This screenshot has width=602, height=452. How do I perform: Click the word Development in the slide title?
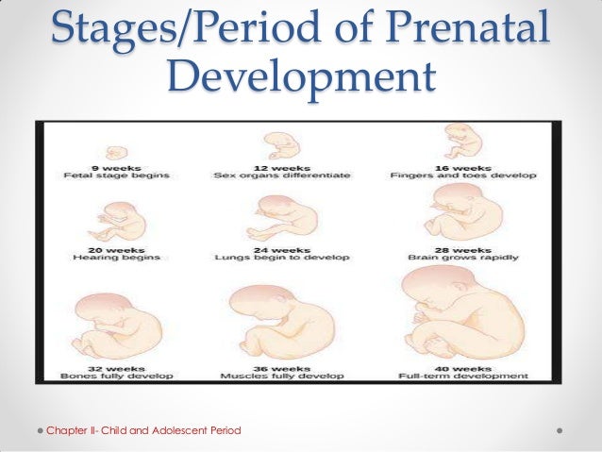301,79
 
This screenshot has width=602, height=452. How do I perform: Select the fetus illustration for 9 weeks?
117,152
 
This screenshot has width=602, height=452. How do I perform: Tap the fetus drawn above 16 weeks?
462,142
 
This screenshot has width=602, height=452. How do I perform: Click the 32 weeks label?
117,366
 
